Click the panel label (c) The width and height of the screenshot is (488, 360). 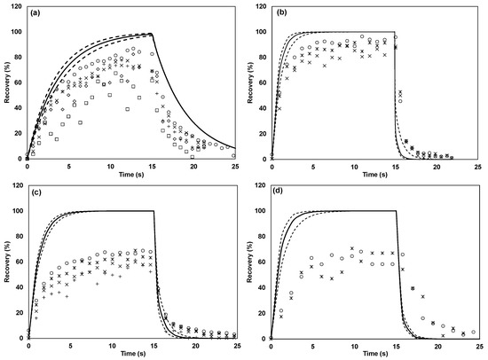click(38, 194)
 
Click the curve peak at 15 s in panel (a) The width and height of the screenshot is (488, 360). click(153, 34)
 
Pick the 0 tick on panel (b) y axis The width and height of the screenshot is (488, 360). click(265, 158)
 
